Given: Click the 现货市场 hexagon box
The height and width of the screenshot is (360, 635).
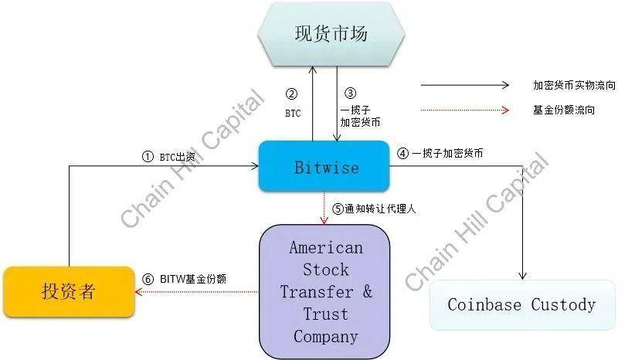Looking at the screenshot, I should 330,34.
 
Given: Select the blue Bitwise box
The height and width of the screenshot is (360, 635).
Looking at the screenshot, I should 327,167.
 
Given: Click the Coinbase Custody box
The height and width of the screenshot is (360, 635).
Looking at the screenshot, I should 521,304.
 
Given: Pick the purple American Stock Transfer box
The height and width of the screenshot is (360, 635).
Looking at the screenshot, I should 325,292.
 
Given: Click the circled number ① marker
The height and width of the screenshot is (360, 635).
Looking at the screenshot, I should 148,156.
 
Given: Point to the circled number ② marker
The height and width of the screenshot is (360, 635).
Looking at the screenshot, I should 291,94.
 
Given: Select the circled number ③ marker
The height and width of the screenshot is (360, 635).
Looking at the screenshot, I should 350,94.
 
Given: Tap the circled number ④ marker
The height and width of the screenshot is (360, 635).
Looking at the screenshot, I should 402,153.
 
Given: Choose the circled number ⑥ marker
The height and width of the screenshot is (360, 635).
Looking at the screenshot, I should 149,279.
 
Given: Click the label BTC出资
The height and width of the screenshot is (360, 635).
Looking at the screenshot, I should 178,156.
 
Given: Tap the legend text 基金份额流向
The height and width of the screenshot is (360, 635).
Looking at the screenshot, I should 564,110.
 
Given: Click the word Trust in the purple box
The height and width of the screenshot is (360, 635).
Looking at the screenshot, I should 325,314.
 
